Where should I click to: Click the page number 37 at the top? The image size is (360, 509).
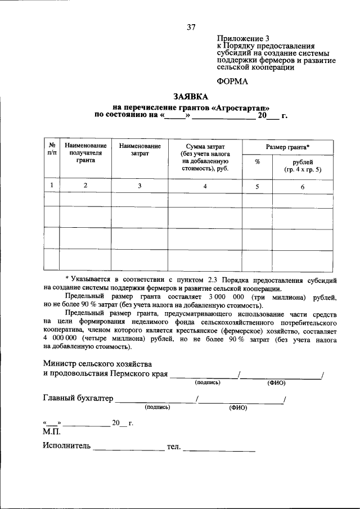[191, 26]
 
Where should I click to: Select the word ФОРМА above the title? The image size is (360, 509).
[232, 81]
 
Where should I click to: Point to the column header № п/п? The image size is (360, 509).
[51, 149]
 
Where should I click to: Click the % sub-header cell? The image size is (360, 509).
[257, 161]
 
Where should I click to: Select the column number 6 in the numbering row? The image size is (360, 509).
[303, 186]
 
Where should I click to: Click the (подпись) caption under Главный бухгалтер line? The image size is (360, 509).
[157, 407]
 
